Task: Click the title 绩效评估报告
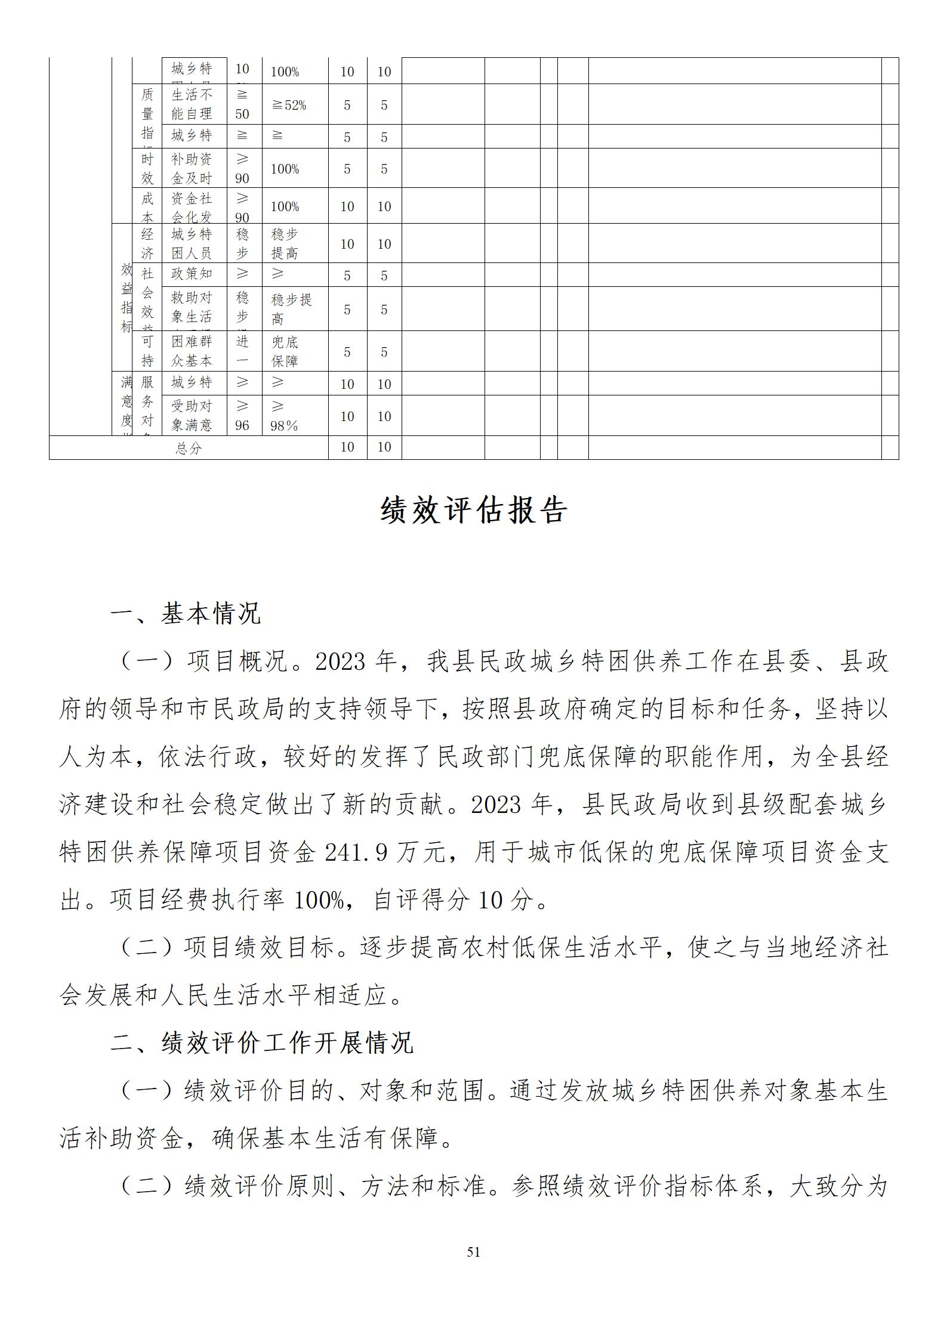(x=473, y=511)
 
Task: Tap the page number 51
(x=473, y=1252)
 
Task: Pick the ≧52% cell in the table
(x=289, y=106)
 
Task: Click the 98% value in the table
(x=284, y=426)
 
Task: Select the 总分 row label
(x=189, y=448)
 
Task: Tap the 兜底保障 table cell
(x=285, y=352)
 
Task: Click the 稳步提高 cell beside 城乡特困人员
(x=285, y=243)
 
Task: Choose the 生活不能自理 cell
(x=192, y=104)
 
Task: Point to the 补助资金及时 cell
(x=192, y=169)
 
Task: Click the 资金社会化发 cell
(x=192, y=207)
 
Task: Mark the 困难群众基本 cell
(x=192, y=352)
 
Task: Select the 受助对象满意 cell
(x=192, y=416)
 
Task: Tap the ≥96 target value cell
(x=242, y=416)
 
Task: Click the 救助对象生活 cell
(x=192, y=307)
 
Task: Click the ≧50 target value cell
(x=242, y=104)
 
